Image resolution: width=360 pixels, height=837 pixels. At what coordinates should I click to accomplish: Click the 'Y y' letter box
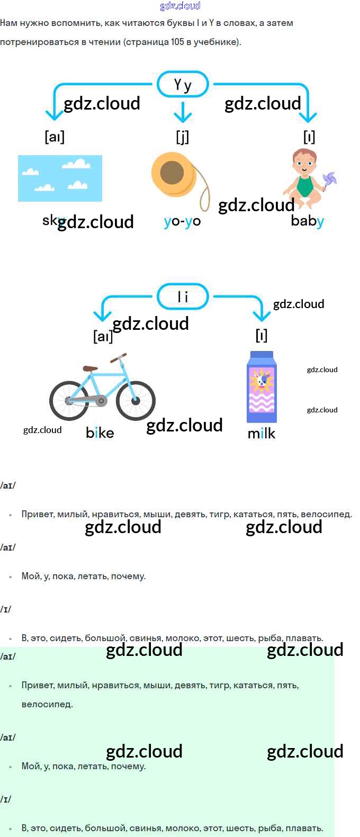[x=183, y=84]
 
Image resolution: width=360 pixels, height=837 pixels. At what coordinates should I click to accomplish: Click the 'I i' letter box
[x=183, y=296]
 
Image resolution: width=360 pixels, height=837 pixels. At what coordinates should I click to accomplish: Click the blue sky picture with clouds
[x=60, y=178]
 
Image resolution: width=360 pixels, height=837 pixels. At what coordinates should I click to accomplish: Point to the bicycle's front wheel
[x=136, y=400]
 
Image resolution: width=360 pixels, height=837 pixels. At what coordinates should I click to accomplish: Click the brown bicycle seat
[x=90, y=368]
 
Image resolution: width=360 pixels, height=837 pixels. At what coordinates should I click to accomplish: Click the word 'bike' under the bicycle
[x=100, y=433]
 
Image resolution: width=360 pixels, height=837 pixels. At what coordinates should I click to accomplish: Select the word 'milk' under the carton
[x=262, y=434]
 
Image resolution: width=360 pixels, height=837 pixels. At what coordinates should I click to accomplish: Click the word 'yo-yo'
[x=182, y=221]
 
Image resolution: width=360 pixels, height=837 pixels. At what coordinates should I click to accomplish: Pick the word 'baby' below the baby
[x=307, y=221]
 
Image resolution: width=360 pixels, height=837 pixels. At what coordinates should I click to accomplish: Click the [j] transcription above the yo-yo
[x=182, y=137]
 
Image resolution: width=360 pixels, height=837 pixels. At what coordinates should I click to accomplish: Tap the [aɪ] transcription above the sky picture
[x=55, y=137]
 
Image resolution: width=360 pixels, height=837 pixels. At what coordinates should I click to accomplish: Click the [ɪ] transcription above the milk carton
[x=262, y=336]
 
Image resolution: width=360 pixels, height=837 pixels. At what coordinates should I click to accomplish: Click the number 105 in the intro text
[x=177, y=42]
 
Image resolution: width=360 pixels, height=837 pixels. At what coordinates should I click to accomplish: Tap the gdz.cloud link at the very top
[x=180, y=6]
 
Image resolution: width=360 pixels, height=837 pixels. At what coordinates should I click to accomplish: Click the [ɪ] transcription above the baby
[x=309, y=137]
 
